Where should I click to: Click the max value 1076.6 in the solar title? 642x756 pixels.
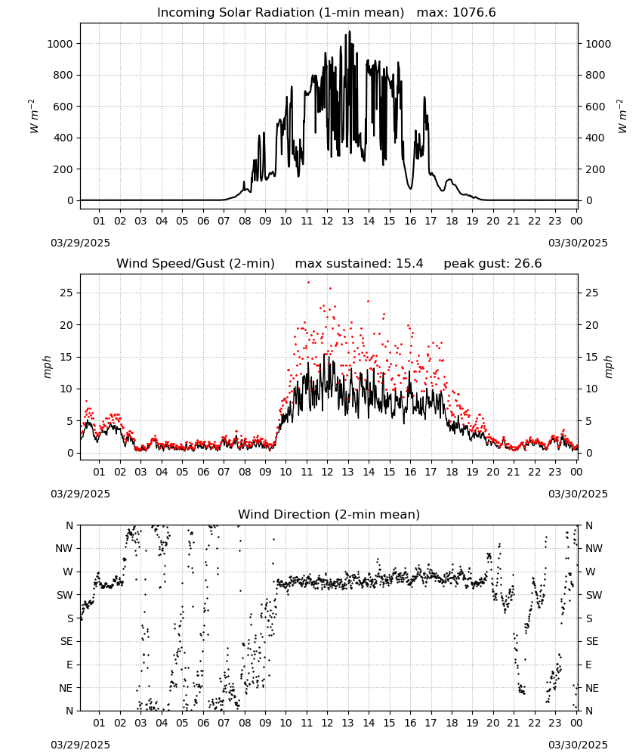(x=474, y=13)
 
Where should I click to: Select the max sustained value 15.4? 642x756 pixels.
(x=409, y=264)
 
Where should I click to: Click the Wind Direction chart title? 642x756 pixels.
(x=329, y=514)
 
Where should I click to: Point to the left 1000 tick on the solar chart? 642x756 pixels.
(x=60, y=44)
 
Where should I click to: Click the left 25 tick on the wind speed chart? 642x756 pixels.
(x=66, y=293)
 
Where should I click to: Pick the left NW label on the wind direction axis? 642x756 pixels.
(x=64, y=548)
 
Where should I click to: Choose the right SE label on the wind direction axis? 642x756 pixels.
(x=592, y=641)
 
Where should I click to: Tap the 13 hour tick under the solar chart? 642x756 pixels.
(x=347, y=221)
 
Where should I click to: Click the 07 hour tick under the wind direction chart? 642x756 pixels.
(x=224, y=723)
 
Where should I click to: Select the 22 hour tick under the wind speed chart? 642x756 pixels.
(x=534, y=472)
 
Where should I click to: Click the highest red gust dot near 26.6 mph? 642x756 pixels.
(x=308, y=283)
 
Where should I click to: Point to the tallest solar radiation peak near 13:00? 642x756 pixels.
(x=350, y=31)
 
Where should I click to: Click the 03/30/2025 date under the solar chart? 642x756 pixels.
(x=578, y=243)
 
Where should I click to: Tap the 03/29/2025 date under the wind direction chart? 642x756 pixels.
(x=80, y=745)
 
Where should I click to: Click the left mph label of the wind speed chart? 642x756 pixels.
(x=47, y=367)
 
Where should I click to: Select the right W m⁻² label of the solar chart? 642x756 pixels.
(x=622, y=116)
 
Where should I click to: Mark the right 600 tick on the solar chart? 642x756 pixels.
(x=595, y=107)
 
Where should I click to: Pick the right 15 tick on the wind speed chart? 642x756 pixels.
(x=592, y=357)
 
